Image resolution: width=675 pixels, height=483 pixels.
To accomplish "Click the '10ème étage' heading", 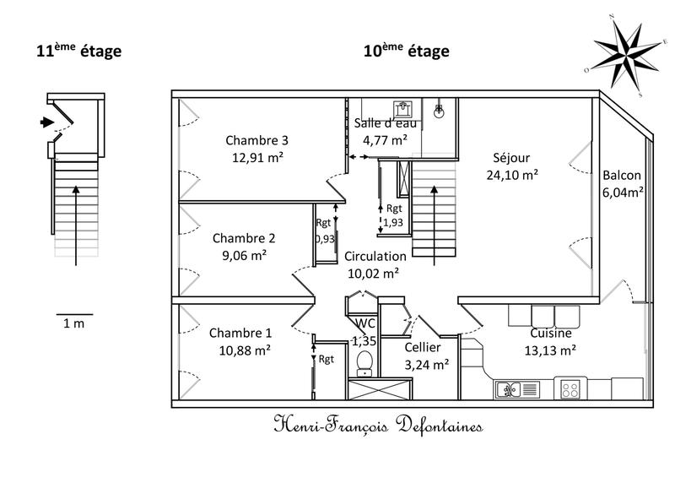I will [x=406, y=52].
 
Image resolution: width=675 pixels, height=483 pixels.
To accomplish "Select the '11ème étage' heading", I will [x=78, y=52].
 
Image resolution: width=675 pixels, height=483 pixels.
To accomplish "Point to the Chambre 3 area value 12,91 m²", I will [x=261, y=156].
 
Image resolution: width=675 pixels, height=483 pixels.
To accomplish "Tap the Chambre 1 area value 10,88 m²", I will [x=240, y=349].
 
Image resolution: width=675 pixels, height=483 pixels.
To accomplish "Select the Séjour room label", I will [x=511, y=157].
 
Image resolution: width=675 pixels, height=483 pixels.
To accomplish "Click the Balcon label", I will [x=622, y=176].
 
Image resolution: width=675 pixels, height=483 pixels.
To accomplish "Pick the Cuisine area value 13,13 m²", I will [x=551, y=350].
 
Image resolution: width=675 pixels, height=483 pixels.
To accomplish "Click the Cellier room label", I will [x=422, y=347].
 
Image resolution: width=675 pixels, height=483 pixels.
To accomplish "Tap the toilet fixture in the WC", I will [x=364, y=361].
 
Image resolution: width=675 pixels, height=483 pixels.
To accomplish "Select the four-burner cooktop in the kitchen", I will [x=571, y=389].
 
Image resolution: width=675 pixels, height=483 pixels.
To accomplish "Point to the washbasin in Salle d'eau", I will [x=402, y=109].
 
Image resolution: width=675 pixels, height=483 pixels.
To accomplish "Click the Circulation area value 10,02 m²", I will [x=374, y=273].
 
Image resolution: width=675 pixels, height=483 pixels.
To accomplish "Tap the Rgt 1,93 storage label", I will [x=393, y=215].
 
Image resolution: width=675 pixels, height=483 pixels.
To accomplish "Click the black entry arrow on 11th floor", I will [x=45, y=123].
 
